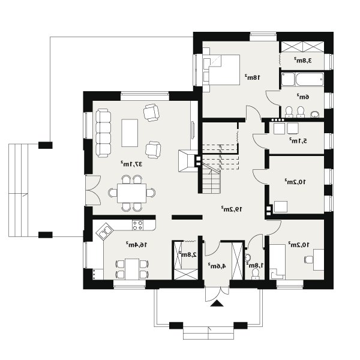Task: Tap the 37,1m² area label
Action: pyautogui.click(x=131, y=164)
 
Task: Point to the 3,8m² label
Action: pyautogui.click(x=303, y=61)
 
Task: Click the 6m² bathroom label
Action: pyautogui.click(x=303, y=97)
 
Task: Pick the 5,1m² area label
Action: pyautogui.click(x=298, y=140)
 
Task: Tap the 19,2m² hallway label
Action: pyautogui.click(x=232, y=209)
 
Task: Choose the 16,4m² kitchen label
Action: pyautogui.click(x=136, y=245)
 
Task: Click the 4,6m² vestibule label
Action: pyautogui.click(x=217, y=266)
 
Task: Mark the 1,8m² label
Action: pyautogui.click(x=255, y=265)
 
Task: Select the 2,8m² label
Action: pyautogui.click(x=188, y=254)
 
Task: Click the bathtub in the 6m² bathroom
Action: pyautogui.click(x=310, y=80)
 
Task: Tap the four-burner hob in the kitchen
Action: pyautogui.click(x=137, y=225)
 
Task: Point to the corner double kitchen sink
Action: pyautogui.click(x=104, y=232)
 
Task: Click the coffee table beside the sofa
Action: pyautogui.click(x=130, y=133)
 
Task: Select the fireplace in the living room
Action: pyautogui.click(x=188, y=161)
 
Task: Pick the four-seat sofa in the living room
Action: pyautogui.click(x=103, y=133)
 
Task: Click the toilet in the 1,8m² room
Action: pyautogui.click(x=255, y=274)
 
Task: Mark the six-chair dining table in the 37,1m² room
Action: pyautogui.click(x=131, y=193)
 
